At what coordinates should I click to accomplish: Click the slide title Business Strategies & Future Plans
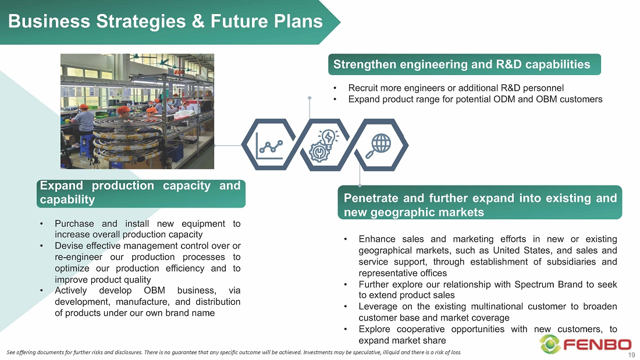165,21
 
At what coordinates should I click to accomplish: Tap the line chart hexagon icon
269,145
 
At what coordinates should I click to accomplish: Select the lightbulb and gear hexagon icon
325,145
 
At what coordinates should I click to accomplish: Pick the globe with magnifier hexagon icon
381,145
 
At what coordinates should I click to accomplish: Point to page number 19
631,355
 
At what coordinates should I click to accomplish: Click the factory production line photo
137,112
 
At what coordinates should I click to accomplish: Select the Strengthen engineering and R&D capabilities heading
464,65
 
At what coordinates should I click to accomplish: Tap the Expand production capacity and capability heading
141,193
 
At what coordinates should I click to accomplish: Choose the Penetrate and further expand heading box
480,203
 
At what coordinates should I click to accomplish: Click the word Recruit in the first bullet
364,88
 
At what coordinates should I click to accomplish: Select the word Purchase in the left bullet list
74,224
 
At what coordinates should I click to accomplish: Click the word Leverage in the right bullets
377,306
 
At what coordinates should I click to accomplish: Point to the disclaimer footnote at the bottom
234,352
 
